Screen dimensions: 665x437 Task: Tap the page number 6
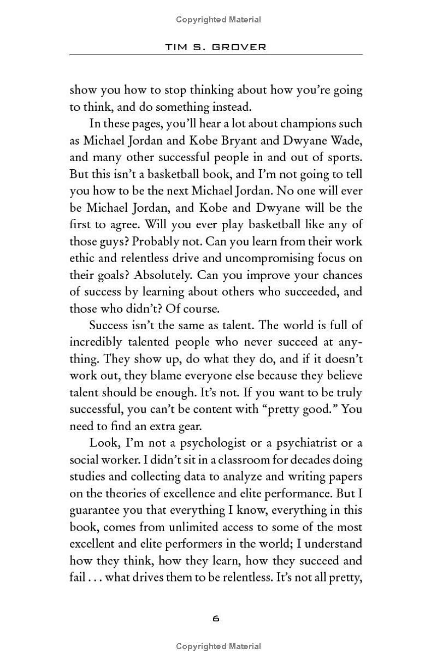(216, 619)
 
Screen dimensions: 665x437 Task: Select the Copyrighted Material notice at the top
(218, 20)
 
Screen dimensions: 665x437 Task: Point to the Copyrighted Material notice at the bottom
(218, 647)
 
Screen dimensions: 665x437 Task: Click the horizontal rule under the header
(216, 55)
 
